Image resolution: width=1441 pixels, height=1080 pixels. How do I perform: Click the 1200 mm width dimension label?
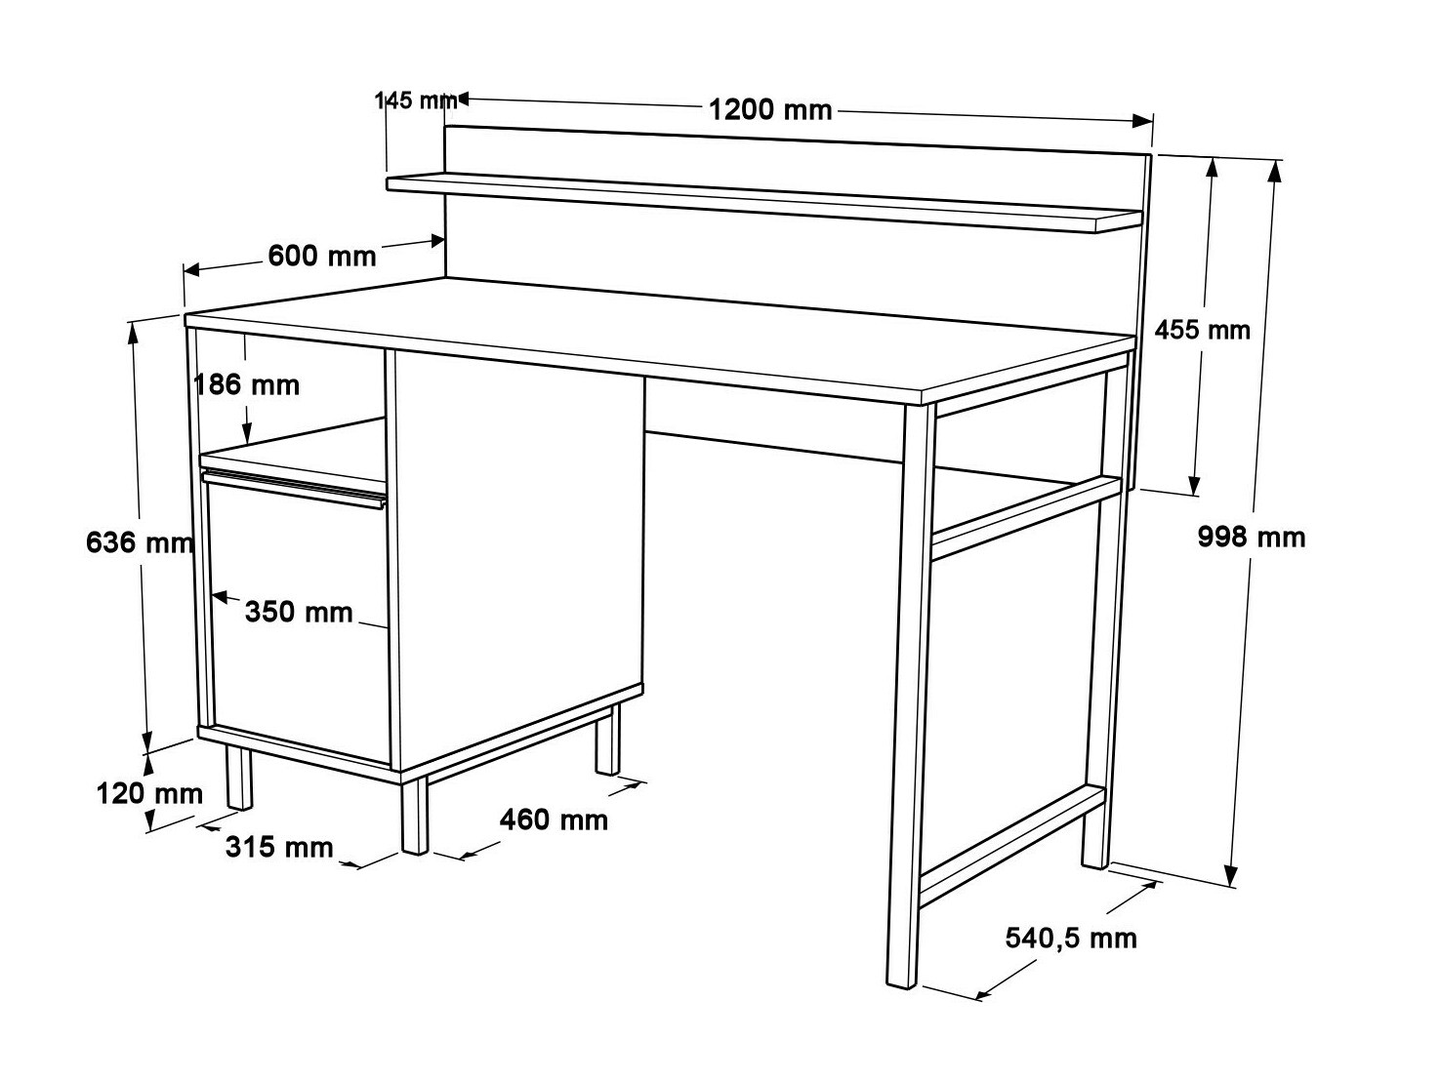pos(770,109)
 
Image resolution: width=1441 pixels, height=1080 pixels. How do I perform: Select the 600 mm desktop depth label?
pos(321,256)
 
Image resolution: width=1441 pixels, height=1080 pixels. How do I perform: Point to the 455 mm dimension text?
pos(1202,330)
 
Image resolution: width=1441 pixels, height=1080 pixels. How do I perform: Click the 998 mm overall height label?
pos(1251,537)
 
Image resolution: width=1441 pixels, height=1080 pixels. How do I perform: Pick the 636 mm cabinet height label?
pos(139,542)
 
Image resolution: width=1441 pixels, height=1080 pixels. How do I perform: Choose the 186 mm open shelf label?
pos(247,384)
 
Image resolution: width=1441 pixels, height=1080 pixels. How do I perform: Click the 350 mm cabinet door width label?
pos(298,612)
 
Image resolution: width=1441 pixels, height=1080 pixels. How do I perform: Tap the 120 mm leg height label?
pos(148,792)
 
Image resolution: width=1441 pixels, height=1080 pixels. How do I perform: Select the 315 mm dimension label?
pos(279,847)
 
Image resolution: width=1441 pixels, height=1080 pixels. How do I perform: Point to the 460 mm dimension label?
pos(554,820)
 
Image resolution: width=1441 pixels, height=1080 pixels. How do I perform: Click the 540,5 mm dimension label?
pos(1071,939)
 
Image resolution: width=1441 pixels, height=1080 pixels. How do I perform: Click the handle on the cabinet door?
pos(294,488)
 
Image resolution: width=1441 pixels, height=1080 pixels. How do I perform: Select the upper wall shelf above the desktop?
pos(762,202)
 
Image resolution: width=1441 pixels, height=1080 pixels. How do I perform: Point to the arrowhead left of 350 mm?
pos(219,595)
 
